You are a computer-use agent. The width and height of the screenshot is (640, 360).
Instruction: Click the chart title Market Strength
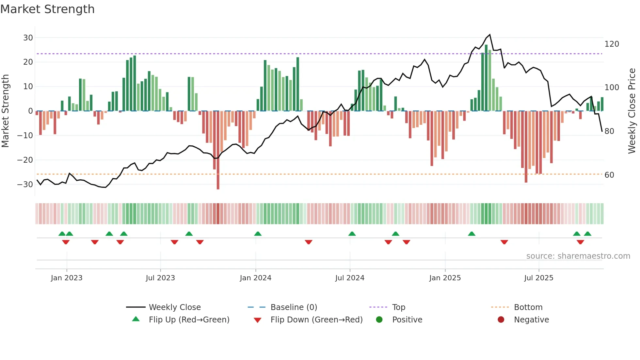[47, 9]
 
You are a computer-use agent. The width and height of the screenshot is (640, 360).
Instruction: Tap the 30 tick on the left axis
[28, 38]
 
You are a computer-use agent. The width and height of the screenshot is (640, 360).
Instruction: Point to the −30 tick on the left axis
[25, 184]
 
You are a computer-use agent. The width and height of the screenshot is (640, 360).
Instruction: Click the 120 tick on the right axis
[612, 44]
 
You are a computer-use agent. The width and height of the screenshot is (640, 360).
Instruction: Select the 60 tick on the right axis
[609, 175]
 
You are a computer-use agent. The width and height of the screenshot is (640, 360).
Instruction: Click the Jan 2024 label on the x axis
[255, 278]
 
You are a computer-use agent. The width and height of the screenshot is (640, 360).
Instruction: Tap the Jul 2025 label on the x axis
[539, 278]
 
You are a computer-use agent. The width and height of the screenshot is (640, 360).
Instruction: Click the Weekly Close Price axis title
[632, 111]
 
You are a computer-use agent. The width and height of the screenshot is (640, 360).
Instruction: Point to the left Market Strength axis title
[5, 111]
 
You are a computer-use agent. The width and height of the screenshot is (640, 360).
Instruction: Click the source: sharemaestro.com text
[578, 256]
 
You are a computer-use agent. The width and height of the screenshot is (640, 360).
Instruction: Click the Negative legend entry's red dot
[501, 319]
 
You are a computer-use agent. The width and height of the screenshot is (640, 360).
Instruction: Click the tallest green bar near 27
[486, 78]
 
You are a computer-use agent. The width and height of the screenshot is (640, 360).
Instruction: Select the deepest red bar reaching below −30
[218, 150]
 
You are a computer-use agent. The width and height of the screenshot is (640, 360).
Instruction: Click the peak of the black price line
[490, 35]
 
